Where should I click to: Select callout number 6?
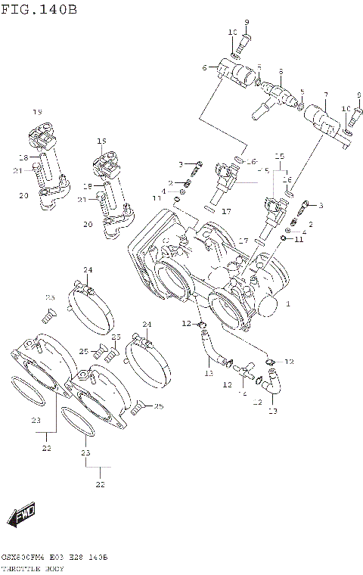204,68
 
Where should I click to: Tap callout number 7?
325,95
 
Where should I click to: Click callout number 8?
280,72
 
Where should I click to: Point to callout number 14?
243,393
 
